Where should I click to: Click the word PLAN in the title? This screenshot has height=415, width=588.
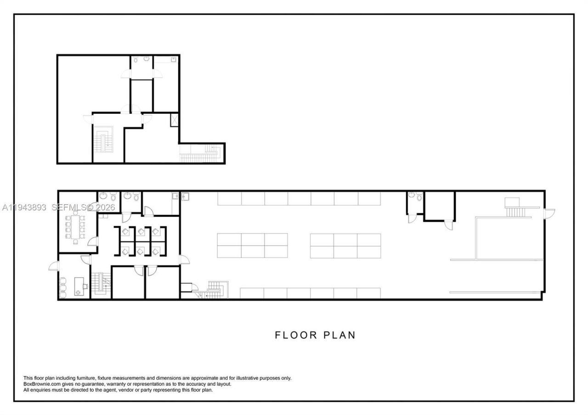(340, 335)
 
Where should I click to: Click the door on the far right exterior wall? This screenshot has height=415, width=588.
(549, 213)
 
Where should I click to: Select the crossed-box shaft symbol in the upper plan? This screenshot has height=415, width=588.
(175, 119)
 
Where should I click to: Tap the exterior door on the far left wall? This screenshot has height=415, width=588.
(54, 266)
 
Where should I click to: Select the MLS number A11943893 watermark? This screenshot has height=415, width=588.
(24, 207)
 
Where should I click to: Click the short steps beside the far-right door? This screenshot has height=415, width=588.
(514, 211)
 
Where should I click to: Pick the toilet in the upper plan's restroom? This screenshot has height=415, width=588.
(146, 59)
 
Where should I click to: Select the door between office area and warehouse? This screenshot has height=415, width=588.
(184, 259)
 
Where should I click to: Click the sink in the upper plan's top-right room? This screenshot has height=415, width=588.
(174, 59)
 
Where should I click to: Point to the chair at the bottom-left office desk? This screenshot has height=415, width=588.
(85, 286)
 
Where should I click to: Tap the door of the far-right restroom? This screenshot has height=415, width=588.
(412, 218)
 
